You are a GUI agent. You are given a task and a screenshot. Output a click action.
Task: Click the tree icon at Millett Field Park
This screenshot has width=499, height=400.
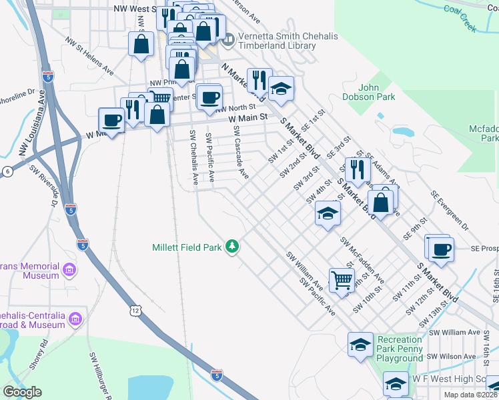pyautogui.click(x=232, y=247)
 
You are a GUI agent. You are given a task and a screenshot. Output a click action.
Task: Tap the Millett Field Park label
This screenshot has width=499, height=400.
pyautogui.click(x=186, y=247)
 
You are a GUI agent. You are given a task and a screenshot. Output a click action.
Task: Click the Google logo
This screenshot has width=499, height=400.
pyautogui.click(x=22, y=392)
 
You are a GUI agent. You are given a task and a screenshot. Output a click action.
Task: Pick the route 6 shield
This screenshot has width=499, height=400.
pyautogui.click(x=7, y=171)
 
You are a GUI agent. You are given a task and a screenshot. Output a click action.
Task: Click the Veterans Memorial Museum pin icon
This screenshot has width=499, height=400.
pyautogui.click(x=69, y=270)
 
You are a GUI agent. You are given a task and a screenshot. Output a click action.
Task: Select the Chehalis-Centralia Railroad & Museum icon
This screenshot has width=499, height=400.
pyautogui.click(x=75, y=319)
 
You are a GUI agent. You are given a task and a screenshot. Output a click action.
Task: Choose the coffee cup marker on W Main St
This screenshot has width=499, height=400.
pyautogui.click(x=112, y=121)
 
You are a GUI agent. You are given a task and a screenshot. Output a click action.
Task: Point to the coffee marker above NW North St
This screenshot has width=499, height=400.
pyautogui.click(x=209, y=97)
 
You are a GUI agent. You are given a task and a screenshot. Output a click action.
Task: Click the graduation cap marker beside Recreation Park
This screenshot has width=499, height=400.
pyautogui.click(x=360, y=344)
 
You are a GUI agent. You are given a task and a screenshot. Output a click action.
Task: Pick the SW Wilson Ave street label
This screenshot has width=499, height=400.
pyautogui.click(x=453, y=357)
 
